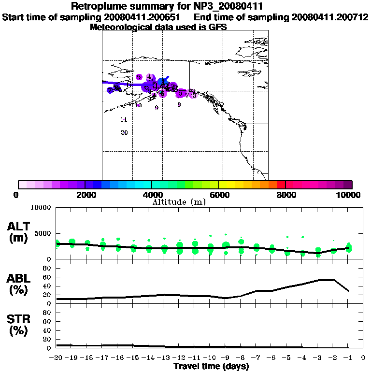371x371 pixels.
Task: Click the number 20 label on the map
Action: (x=124, y=133)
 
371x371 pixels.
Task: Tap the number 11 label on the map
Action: (x=124, y=119)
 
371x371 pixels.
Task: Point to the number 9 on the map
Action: (x=157, y=108)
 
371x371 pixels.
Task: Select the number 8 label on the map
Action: (x=179, y=104)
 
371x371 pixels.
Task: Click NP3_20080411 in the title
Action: (x=228, y=7)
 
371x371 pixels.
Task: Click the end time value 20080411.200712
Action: (x=330, y=17)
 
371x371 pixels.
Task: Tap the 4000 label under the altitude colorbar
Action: (x=151, y=195)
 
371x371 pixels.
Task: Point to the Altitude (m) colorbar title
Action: (x=179, y=202)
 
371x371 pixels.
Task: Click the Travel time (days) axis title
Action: (x=211, y=367)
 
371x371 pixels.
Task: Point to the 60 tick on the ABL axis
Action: (x=47, y=277)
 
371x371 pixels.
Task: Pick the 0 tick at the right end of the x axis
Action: (x=362, y=357)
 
